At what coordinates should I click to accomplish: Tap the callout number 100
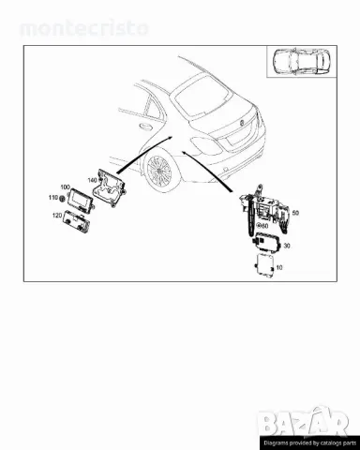pyautogui.click(x=65, y=188)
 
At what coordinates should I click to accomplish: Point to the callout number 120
pyautogui.click(x=56, y=216)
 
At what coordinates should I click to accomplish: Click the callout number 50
pyautogui.click(x=295, y=214)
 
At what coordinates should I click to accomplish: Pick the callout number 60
pyautogui.click(x=265, y=226)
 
